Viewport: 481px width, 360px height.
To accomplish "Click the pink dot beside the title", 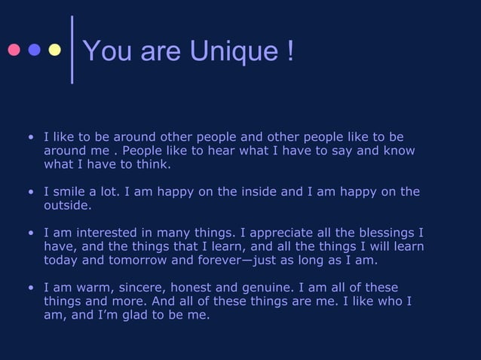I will coord(14,50).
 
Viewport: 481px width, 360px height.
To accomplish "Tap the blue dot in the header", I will coord(34,50).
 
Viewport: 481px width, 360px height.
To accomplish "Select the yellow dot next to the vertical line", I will coord(54,50).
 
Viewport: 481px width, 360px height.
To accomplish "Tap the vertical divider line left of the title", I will coord(72,49).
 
